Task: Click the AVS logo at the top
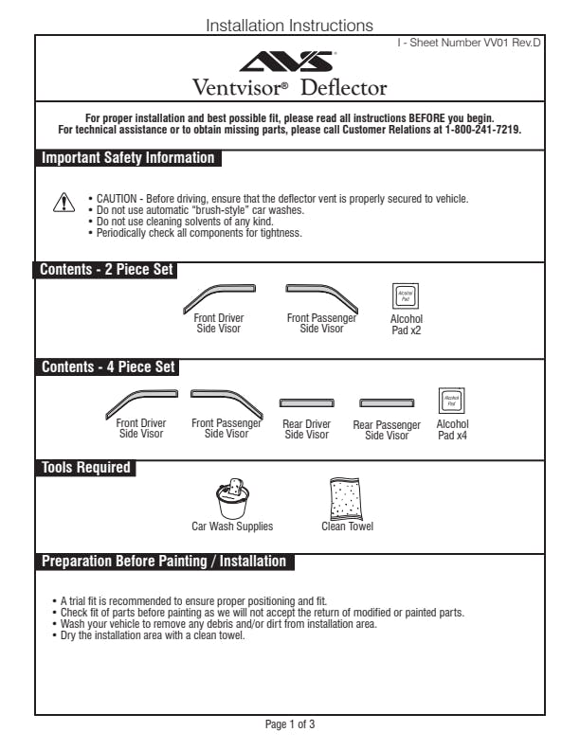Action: point(289,62)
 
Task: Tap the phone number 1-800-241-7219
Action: point(483,130)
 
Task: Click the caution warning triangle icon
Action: point(63,202)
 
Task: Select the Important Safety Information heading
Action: point(128,158)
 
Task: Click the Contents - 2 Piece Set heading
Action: point(106,270)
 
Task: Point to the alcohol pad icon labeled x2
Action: point(406,295)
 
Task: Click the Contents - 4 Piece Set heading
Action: point(107,367)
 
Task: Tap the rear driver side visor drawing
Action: point(307,402)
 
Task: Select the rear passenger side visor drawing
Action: point(387,402)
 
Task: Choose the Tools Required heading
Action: point(85,468)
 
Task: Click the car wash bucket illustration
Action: point(232,498)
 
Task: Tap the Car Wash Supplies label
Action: point(232,527)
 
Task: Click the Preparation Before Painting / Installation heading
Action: point(163,562)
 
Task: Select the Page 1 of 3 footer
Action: point(289,725)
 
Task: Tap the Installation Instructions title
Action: point(289,26)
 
